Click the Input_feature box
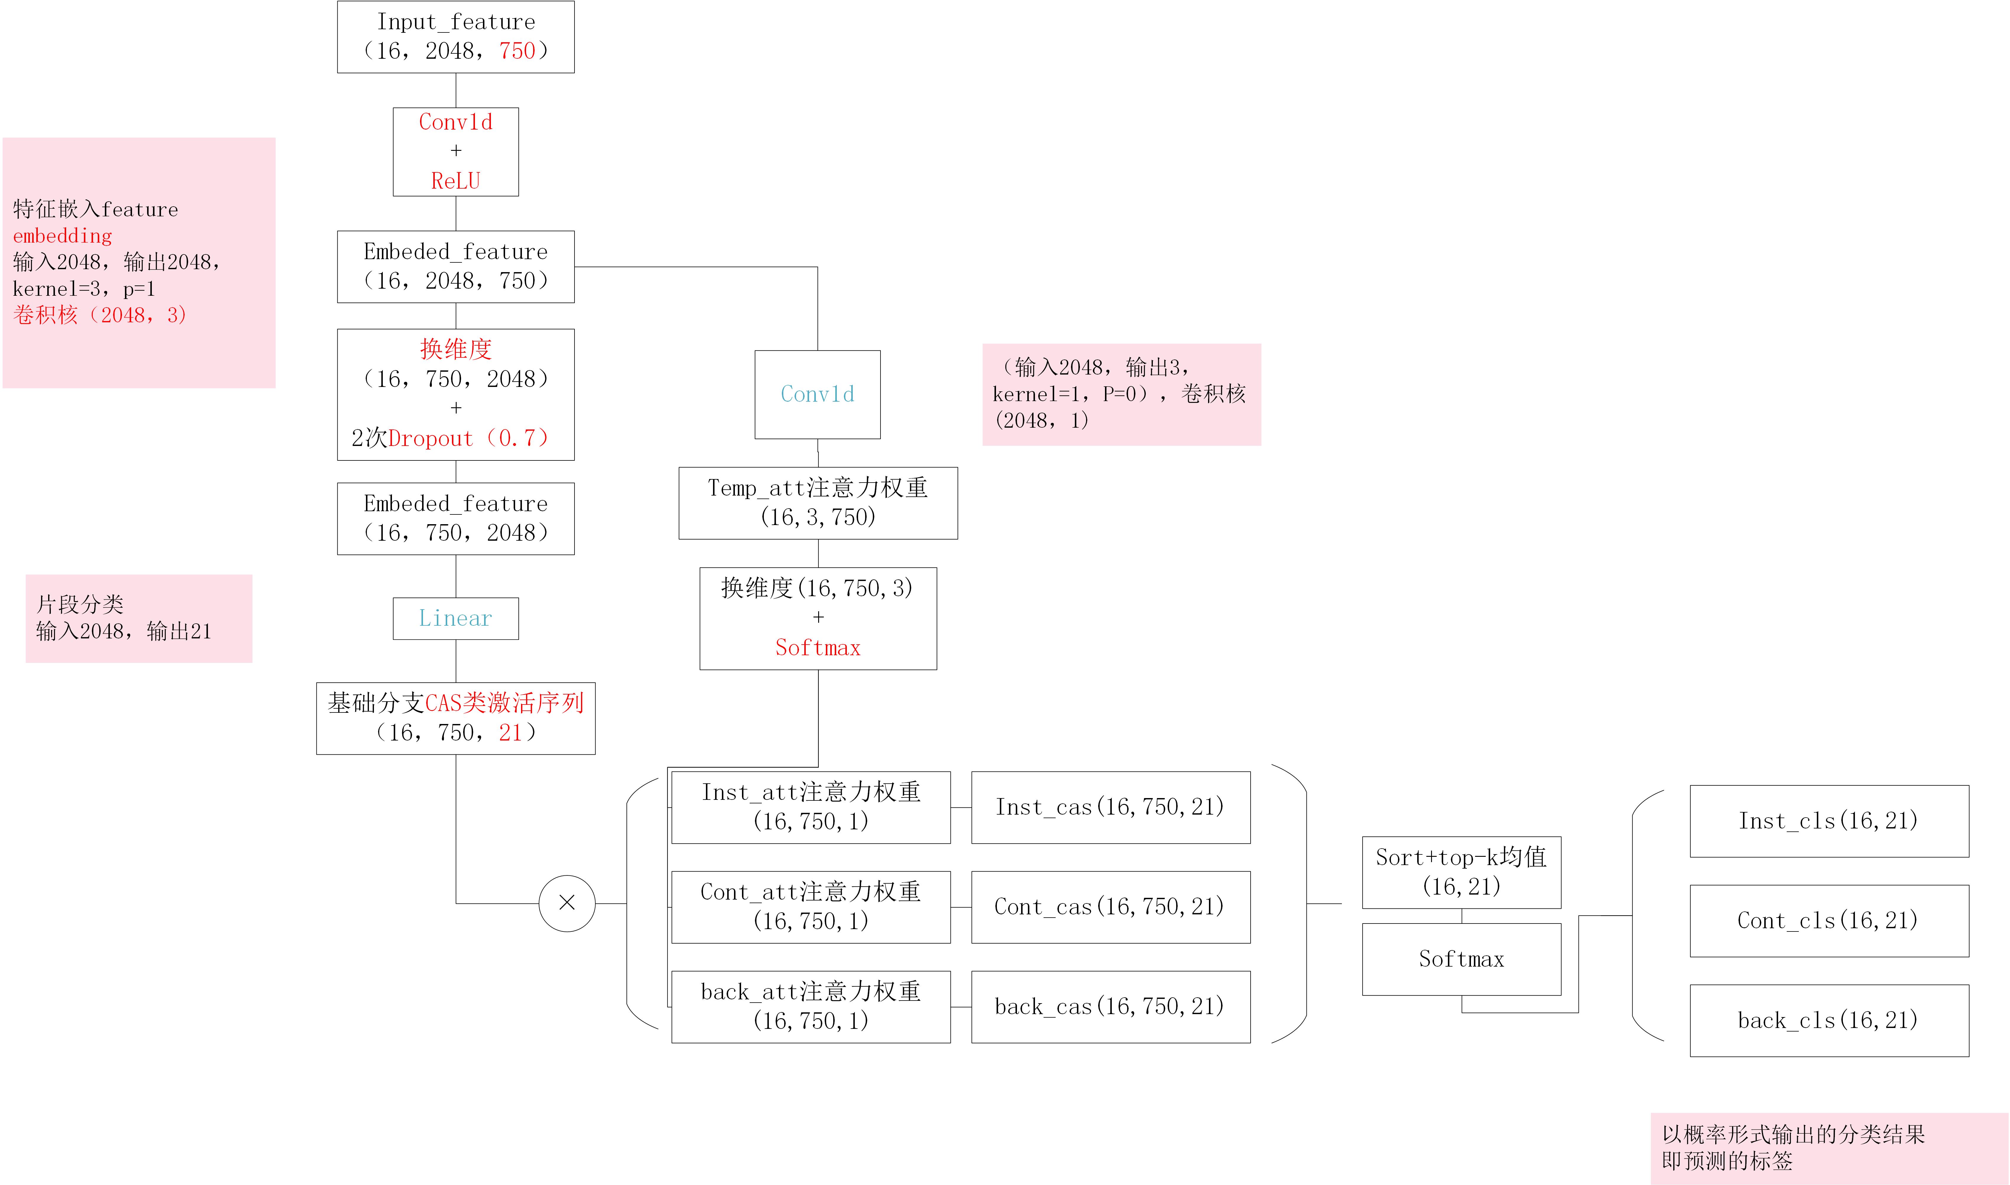pyautogui.click(x=455, y=37)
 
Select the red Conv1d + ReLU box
pyautogui.click(x=455, y=152)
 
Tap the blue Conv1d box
pyautogui.click(x=817, y=395)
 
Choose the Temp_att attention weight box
pyautogui.click(x=818, y=503)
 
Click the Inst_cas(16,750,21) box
pyautogui.click(x=1111, y=807)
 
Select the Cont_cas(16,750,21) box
pyautogui.click(x=1111, y=907)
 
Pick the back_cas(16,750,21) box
pyautogui.click(x=1111, y=1007)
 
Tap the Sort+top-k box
pyautogui.click(x=1461, y=872)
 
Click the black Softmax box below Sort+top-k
pyautogui.click(x=1461, y=959)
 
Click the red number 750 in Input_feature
pyautogui.click(x=517, y=51)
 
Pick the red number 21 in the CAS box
pyautogui.click(x=510, y=733)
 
